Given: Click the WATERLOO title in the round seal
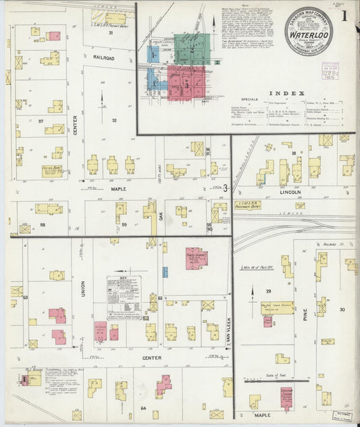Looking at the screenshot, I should (308, 32).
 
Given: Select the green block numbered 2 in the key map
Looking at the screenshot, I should (192, 49).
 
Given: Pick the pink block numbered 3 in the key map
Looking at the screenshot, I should (186, 84).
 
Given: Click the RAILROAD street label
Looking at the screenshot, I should (104, 58).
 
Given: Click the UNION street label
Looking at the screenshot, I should (84, 289).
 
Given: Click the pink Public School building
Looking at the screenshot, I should (196, 257).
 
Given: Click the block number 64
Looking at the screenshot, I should (144, 408).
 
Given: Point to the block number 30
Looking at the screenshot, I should (342, 309).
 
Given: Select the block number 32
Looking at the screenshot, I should (114, 120).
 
